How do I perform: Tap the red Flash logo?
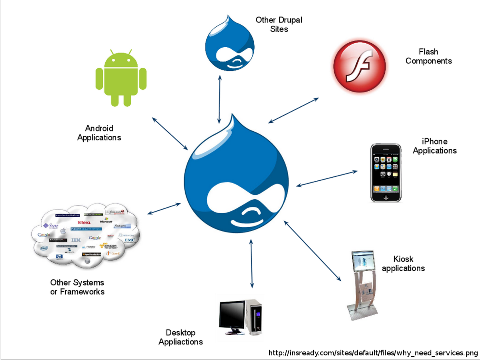tap(359, 66)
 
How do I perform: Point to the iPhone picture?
tap(385, 172)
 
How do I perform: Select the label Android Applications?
tap(99, 133)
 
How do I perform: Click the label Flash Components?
tap(428, 56)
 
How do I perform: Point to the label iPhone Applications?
tap(435, 146)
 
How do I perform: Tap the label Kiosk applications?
tap(403, 263)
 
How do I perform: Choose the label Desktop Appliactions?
tap(181, 337)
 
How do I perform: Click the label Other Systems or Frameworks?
tap(77, 287)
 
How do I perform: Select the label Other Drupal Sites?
tap(279, 24)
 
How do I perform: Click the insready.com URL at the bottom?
tap(373, 353)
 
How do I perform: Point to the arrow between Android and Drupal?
tap(170, 134)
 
